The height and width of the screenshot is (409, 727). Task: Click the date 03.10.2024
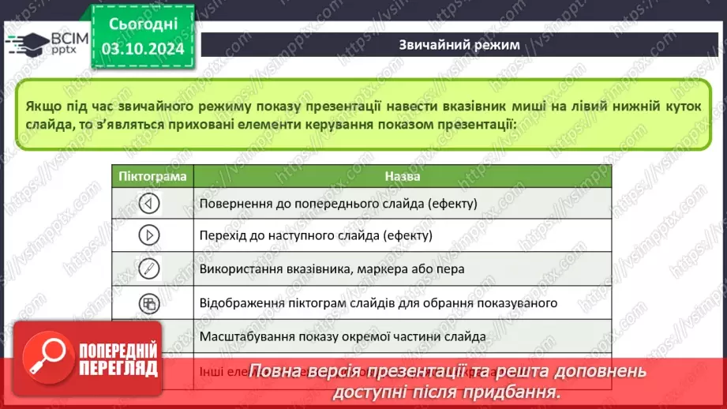142,49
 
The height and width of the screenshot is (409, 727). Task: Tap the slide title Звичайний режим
459,45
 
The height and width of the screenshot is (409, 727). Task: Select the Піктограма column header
153,177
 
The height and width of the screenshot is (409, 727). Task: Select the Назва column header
403,177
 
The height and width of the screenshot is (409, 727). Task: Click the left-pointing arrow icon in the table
148,204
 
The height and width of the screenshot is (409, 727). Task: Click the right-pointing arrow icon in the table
148,235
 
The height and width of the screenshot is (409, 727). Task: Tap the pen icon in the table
148,268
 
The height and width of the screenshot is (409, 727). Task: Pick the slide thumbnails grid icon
148,302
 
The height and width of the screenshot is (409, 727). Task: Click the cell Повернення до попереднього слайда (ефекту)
339,204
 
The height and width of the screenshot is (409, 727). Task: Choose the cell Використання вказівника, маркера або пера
332,268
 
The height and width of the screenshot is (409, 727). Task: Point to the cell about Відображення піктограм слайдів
379,302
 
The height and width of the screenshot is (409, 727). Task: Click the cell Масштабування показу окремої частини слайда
343,336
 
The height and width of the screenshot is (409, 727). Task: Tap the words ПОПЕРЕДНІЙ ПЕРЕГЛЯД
117,358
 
